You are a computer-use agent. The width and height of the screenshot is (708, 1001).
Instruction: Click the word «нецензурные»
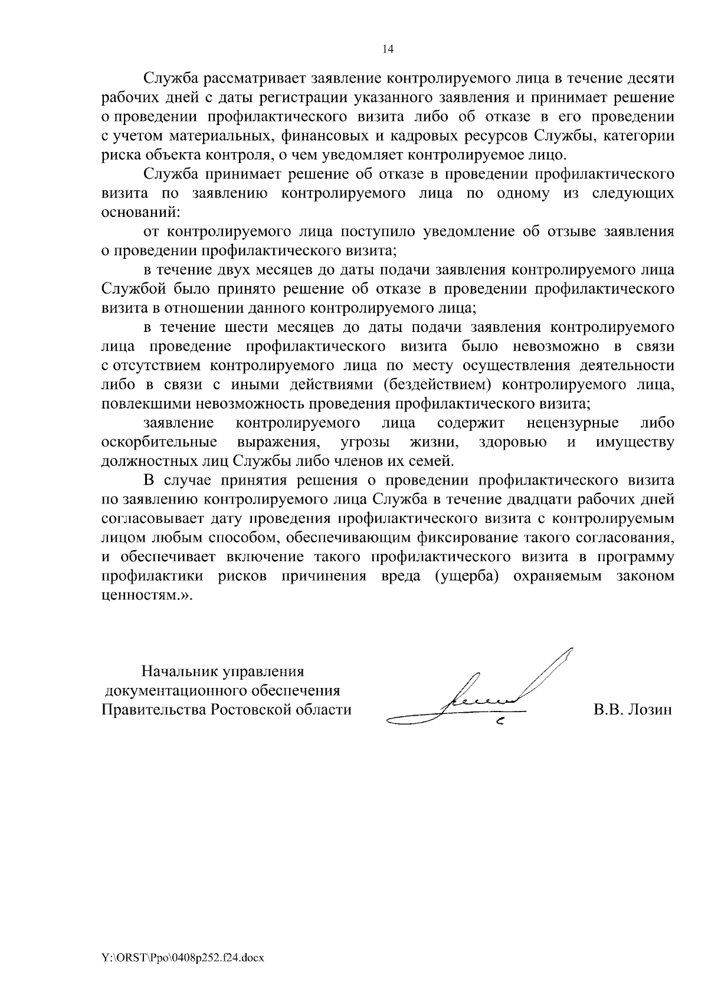572,423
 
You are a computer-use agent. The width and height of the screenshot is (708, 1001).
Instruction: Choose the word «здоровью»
512,443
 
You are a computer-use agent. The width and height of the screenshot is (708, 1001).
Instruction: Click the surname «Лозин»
651,710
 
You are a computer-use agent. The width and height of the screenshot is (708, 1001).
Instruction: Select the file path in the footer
182,959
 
